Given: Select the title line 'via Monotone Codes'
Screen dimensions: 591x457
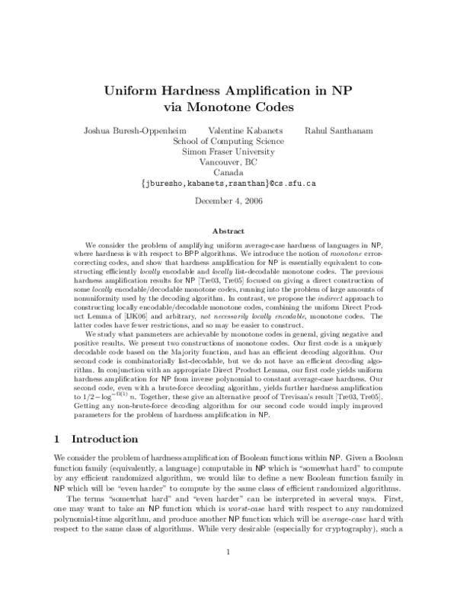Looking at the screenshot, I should (228, 107).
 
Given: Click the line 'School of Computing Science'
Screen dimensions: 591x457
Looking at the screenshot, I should (228, 141).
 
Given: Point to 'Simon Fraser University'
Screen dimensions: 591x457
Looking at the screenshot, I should (228, 152).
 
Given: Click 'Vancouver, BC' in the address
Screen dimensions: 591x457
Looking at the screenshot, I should (228, 162).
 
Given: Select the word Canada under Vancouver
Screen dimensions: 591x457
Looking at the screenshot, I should (228, 173).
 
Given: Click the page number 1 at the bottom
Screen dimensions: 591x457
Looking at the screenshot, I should (228, 573).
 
